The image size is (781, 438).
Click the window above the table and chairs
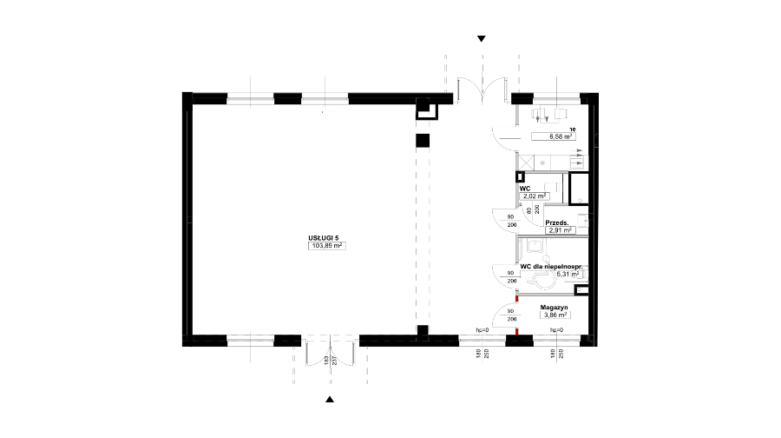coord(556,98)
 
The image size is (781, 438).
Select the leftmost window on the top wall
coord(251,98)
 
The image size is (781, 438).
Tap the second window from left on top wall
coord(325,98)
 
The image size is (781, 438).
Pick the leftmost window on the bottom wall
coord(251,341)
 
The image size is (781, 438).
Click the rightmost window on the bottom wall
coord(556,341)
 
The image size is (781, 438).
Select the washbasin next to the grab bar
coord(535,245)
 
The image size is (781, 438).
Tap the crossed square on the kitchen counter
coord(524,162)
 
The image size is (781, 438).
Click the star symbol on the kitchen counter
coord(541,163)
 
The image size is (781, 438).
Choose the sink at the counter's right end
coord(577,163)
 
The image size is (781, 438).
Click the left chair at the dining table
coord(538,113)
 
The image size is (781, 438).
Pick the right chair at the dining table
coord(561,113)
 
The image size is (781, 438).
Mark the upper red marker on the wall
coord(517,299)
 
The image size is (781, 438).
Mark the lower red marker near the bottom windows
coord(517,331)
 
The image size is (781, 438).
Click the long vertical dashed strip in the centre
coord(423,217)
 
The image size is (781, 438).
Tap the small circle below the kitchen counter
coord(580,201)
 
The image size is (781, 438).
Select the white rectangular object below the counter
coord(553,188)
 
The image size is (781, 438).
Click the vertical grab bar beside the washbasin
coord(546,247)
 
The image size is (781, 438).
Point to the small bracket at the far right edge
coord(596,140)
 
